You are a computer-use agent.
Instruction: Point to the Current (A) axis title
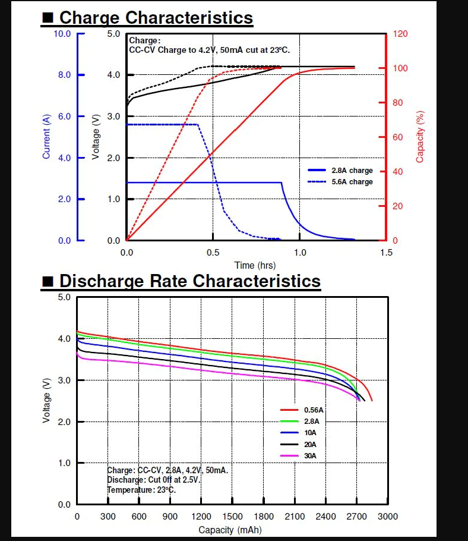[46, 136]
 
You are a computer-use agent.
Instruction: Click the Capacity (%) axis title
[420, 136]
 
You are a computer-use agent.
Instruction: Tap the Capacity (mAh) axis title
[229, 530]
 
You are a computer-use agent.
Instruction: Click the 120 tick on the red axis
[400, 34]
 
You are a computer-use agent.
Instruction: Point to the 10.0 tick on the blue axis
[62, 34]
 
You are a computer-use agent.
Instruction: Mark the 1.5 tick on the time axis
[386, 252]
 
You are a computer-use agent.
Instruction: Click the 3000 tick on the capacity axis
[388, 517]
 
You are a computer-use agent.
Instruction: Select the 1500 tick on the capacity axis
[232, 517]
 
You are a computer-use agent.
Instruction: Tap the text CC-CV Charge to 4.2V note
[209, 51]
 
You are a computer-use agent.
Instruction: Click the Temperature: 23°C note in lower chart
[141, 490]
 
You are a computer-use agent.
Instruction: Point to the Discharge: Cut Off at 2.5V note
[154, 480]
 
